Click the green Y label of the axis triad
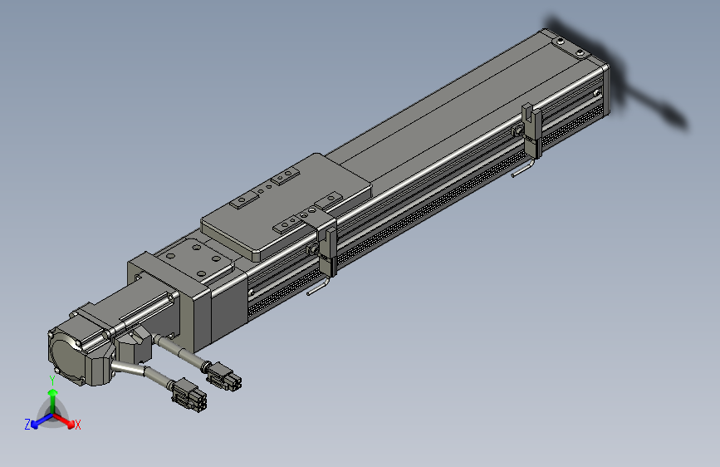pos(51,380)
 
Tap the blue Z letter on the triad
pos(27,424)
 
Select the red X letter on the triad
pos(78,425)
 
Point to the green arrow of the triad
pos(52,396)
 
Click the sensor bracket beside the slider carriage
pos(326,243)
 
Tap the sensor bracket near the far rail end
pos(532,129)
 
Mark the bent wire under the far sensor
pos(523,170)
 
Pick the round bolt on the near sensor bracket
pos(313,249)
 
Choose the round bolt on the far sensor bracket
pos(518,132)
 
